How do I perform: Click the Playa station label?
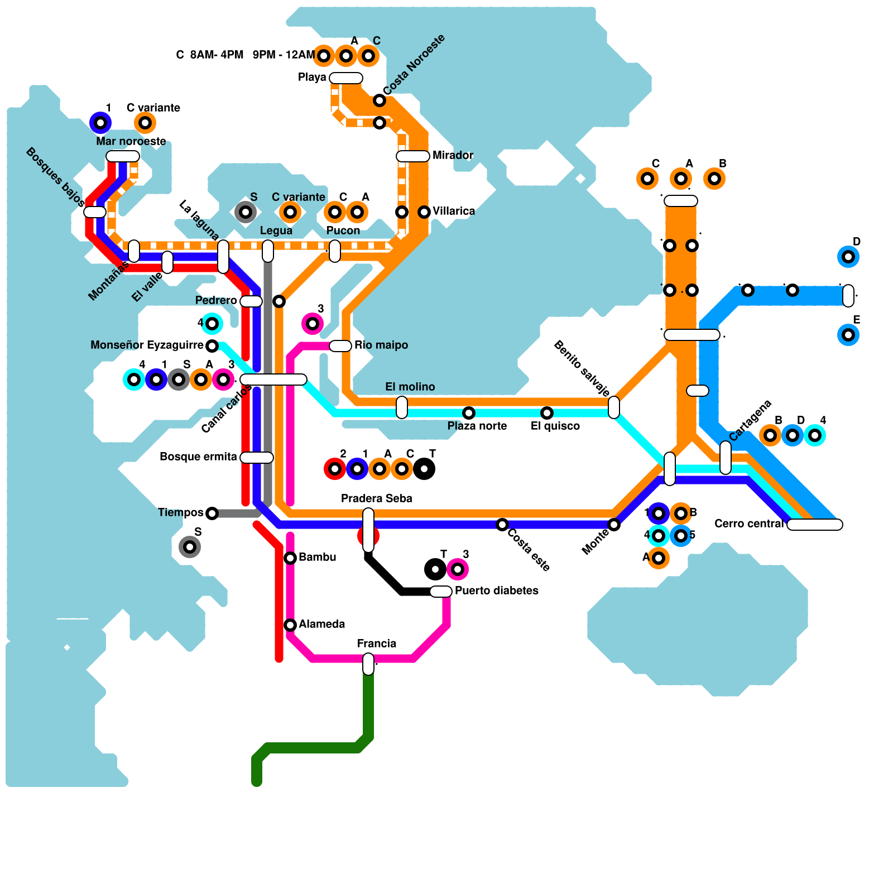[312, 77]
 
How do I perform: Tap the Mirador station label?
[453, 155]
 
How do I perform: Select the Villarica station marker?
[424, 212]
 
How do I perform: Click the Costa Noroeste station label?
[414, 65]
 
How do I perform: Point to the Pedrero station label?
[216, 300]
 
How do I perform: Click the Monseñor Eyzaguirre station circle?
[212, 346]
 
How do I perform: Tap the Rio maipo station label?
[381, 345]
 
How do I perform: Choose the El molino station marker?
[402, 407]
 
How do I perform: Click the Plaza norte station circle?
[469, 413]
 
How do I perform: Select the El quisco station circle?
[547, 413]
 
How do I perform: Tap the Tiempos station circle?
[212, 513]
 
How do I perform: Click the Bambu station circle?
[290, 558]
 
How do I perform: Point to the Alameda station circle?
[290, 625]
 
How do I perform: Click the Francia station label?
[377, 644]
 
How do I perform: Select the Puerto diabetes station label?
[496, 590]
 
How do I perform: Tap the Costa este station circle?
[502, 525]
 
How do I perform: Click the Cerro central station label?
[749, 524]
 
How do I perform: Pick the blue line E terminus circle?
[848, 335]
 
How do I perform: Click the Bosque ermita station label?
[198, 457]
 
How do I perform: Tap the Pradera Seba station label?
[377, 498]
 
